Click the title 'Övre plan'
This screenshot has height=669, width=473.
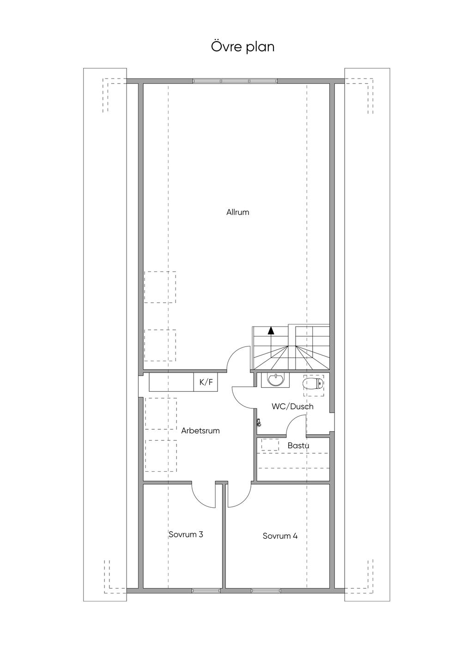pyautogui.click(x=243, y=47)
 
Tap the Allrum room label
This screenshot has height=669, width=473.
pyautogui.click(x=238, y=212)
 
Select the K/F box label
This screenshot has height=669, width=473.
pyautogui.click(x=206, y=382)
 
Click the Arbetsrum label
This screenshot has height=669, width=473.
pyautogui.click(x=200, y=431)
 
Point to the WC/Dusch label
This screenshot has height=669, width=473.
pyautogui.click(x=292, y=406)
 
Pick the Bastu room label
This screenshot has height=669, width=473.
pyautogui.click(x=298, y=445)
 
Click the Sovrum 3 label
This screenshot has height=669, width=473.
pyautogui.click(x=186, y=534)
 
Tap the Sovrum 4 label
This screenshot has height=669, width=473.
pyautogui.click(x=280, y=536)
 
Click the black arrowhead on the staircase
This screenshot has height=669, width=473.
pyautogui.click(x=271, y=330)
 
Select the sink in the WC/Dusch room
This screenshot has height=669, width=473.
pyautogui.click(x=275, y=380)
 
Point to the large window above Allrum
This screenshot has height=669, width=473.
pyautogui.click(x=235, y=81)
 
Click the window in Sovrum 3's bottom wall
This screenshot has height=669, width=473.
pyautogui.click(x=206, y=590)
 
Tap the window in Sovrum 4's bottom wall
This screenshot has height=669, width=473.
pyautogui.click(x=266, y=590)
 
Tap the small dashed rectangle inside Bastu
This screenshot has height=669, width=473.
pyautogui.click(x=270, y=444)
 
